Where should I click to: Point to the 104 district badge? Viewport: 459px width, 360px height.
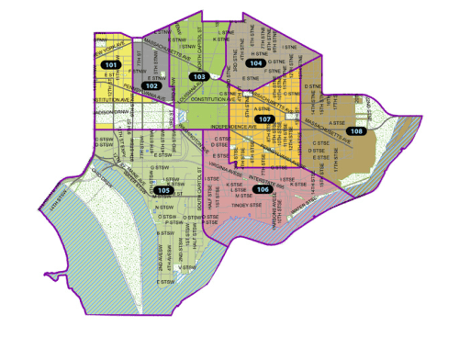(x=265, y=63)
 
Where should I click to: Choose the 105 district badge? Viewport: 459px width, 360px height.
(x=163, y=190)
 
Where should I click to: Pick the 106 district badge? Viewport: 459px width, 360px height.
(x=263, y=189)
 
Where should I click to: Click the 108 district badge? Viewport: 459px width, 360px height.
(x=357, y=131)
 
